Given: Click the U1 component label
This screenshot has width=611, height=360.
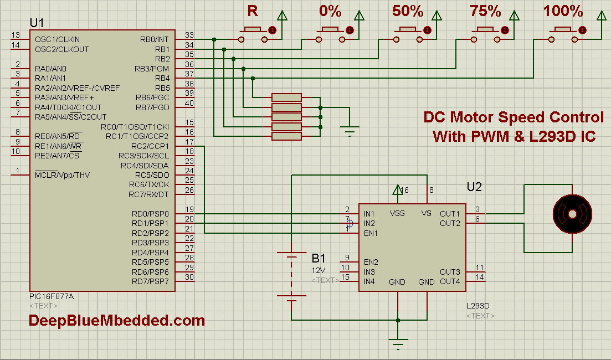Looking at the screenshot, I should pos(37,23).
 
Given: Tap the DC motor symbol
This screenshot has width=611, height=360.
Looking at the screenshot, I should pos(573,213).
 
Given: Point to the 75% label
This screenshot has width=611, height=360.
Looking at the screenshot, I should pos(485,11).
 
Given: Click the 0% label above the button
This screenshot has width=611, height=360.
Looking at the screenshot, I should pos(330,11).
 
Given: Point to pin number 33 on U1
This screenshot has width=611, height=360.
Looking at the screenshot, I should pos(189,35).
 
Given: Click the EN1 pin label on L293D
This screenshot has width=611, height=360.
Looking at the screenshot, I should pos(371,233).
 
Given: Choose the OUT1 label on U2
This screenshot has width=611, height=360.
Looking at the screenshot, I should pos(450,214).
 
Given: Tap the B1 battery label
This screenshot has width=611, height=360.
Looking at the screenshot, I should pos(319,258).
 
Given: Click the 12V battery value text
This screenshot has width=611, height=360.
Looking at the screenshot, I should pos(319,270).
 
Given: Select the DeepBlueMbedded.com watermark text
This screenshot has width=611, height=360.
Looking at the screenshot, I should pos(117,320).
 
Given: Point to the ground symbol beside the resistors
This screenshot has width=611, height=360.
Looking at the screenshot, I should pos(349,131).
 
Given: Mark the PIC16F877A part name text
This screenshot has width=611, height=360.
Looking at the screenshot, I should pos(51,296).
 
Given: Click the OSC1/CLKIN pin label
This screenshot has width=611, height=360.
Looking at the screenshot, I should pos(57,39).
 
